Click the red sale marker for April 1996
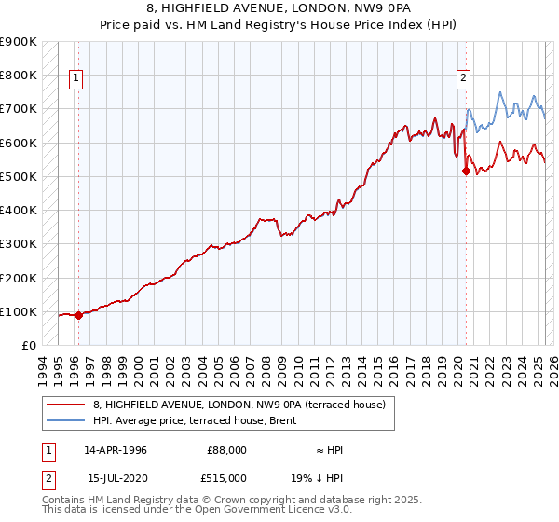[x=78, y=315]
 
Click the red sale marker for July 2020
[x=466, y=171]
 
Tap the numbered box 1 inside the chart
[x=75, y=78]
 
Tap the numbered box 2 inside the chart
[x=463, y=78]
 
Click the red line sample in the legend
[x=66, y=404]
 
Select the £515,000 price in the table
[x=227, y=477]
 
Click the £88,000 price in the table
[x=227, y=450]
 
